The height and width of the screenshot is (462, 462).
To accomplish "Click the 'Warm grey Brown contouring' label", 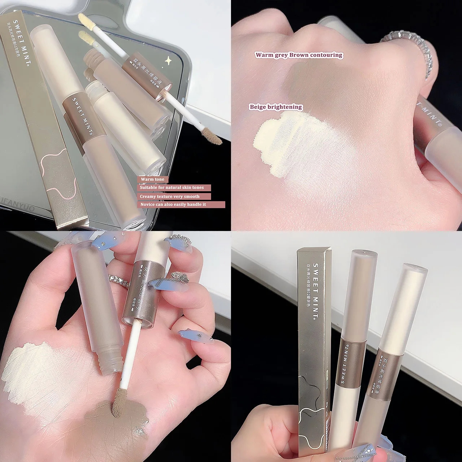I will click(298, 55).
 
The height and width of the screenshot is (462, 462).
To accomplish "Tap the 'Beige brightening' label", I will click(276, 107).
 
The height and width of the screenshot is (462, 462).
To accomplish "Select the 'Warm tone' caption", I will click(152, 179).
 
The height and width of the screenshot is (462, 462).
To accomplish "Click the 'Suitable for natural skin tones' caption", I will click(172, 188).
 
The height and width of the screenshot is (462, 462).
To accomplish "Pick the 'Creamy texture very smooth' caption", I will click(170, 196).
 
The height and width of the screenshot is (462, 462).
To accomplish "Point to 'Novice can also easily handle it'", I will click(173, 205).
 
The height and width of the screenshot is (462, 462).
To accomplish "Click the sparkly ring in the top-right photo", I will click(415, 47).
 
